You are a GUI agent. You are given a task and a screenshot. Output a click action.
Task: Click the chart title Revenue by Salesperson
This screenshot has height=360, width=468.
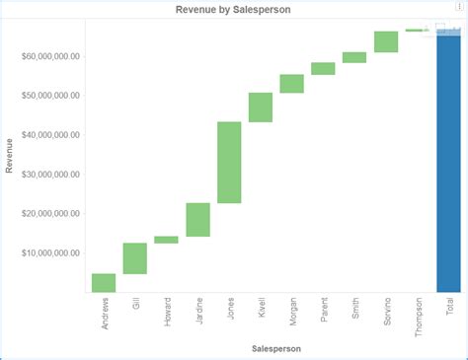233,9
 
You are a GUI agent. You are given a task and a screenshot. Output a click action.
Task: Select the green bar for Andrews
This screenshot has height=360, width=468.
104,283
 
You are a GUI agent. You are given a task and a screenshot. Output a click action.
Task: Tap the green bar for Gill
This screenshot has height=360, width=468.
135,258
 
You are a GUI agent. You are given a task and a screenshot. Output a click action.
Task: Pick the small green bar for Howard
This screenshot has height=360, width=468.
166,240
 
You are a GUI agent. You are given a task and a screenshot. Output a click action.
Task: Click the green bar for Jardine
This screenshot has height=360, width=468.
197,220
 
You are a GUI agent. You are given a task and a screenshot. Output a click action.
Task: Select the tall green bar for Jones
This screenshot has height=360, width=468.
229,163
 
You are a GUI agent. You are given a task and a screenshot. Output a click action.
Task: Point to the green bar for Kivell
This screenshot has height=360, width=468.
261,108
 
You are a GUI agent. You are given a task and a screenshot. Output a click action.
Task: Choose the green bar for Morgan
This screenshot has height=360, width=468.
292,84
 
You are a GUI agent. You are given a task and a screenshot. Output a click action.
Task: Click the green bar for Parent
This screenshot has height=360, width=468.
323,69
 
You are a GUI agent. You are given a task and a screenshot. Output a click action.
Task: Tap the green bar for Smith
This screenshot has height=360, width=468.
354,57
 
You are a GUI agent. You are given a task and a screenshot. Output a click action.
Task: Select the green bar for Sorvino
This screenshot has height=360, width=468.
386,41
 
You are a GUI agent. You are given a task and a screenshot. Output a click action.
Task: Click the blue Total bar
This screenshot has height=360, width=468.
448,163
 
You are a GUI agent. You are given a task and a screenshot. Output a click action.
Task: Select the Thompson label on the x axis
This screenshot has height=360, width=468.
419,316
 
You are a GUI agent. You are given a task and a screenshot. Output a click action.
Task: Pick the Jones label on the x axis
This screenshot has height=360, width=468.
230,308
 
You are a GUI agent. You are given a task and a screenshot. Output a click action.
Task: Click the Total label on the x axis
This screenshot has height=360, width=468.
450,306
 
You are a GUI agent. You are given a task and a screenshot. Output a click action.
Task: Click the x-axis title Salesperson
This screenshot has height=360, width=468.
275,349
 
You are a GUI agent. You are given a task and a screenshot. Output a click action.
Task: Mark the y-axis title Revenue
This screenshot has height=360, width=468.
10,156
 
